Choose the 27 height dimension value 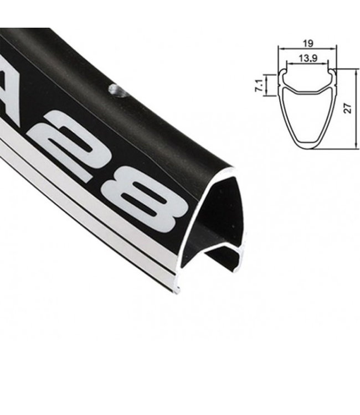click(348, 108)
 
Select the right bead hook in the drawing click(331, 72)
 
